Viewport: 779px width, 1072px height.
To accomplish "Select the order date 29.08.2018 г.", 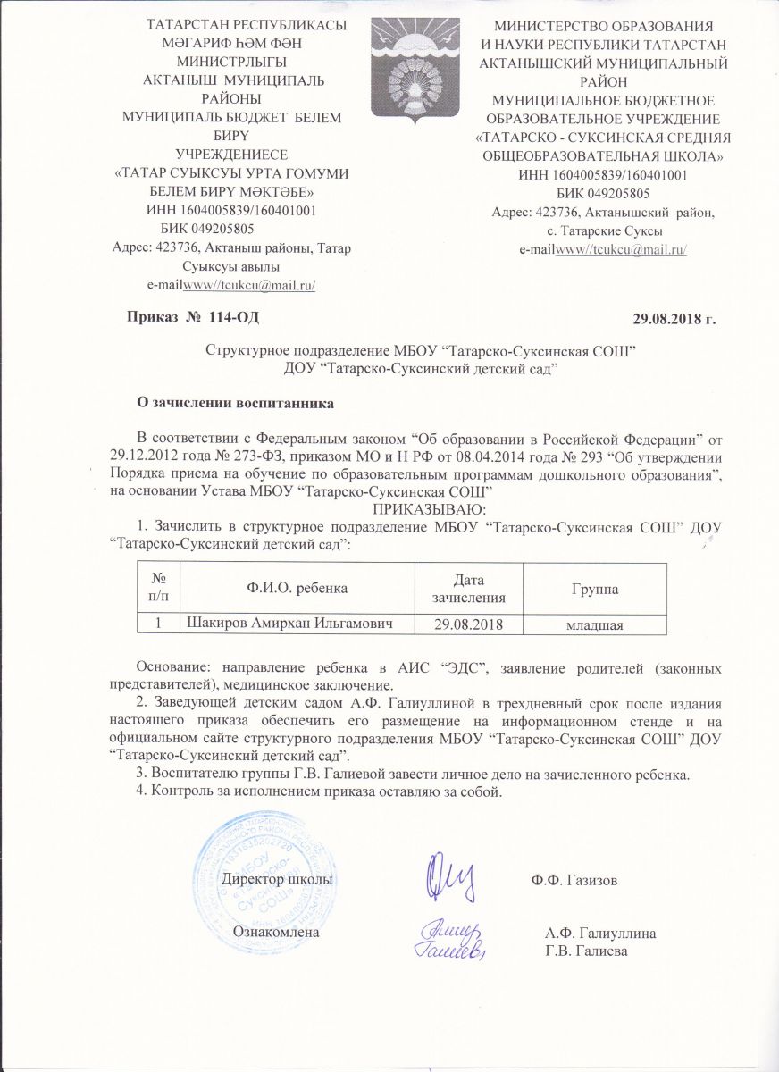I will tap(674, 316).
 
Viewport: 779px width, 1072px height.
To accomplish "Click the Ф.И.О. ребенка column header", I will tap(298, 589).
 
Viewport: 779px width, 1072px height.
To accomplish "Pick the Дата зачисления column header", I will tap(467, 589).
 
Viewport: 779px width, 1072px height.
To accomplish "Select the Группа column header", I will tap(594, 589).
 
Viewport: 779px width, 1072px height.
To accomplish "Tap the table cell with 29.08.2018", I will tap(467, 623).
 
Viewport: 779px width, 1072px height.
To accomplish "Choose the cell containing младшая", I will tap(594, 623).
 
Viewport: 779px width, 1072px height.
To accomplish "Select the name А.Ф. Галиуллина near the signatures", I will tap(601, 934).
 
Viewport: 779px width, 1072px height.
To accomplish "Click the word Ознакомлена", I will tap(276, 931).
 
